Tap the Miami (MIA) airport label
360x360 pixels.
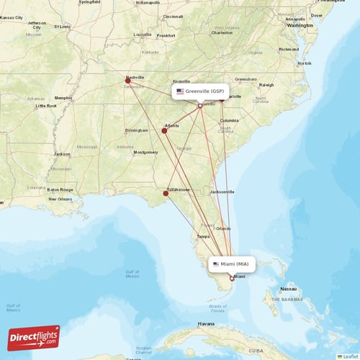click(x=232, y=264)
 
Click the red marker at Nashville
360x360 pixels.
click(x=127, y=81)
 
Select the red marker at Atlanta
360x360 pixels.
click(x=165, y=130)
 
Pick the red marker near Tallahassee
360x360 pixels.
click(x=166, y=193)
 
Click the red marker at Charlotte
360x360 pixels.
click(x=222, y=98)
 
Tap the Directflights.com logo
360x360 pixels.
click(x=34, y=337)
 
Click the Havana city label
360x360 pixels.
click(x=207, y=324)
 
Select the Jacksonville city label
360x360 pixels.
click(x=222, y=192)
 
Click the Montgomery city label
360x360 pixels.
click(x=145, y=152)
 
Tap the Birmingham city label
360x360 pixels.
click(x=136, y=130)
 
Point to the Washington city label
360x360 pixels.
click(x=300, y=25)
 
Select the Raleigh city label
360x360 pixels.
click(x=266, y=85)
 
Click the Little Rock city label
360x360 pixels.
click(x=45, y=106)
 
